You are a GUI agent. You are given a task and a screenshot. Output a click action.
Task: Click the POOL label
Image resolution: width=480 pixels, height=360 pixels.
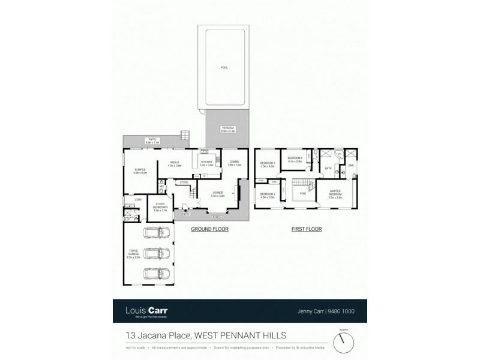coord(224,68)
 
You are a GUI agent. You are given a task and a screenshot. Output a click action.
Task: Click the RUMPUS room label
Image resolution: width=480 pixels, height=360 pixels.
coord(139,170)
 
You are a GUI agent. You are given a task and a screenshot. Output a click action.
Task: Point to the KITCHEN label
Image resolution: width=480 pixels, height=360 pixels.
coord(206,163)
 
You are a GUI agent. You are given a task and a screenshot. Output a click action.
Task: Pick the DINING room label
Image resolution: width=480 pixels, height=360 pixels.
coord(234,163)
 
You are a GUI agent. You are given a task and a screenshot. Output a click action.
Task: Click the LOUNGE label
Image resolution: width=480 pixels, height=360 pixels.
coord(218,193)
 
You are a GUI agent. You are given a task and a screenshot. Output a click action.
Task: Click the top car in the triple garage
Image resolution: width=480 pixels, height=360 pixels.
coord(157,233)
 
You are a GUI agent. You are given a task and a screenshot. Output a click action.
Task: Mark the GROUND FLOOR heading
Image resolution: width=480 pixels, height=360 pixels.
coord(209,229)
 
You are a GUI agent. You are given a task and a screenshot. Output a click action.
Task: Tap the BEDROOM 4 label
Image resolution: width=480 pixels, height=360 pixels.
coord(295,159)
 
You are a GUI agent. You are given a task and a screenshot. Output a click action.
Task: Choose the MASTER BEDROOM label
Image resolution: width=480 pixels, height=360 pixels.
coord(335,194)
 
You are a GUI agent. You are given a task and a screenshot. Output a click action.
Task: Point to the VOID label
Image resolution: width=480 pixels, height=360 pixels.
coord(303,194)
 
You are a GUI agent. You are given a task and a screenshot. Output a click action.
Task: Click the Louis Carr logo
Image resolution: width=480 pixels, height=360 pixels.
coord(146,311)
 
